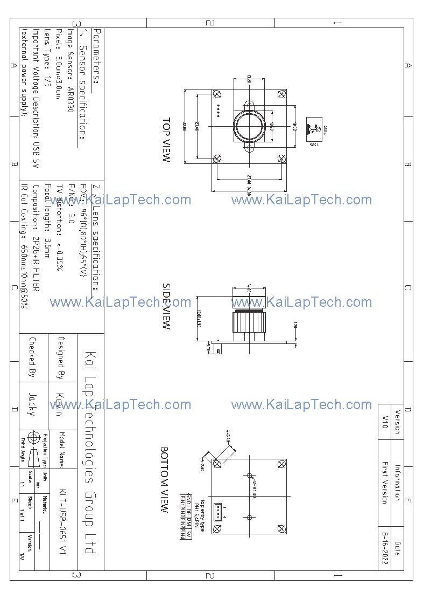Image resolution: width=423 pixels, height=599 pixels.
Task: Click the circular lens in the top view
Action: point(249,125)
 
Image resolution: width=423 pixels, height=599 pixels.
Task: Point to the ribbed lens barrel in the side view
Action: point(249,326)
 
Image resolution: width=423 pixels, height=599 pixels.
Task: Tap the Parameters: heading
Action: point(97,57)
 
